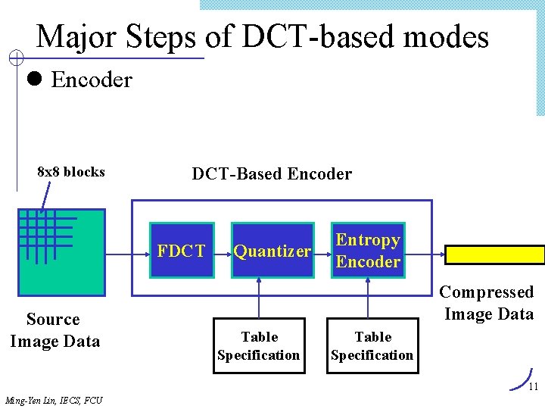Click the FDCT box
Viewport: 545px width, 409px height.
pos(182,251)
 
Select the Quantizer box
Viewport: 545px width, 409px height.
pos(272,251)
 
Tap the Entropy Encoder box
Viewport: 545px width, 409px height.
pos(368,251)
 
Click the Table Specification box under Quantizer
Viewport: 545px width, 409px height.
pos(259,346)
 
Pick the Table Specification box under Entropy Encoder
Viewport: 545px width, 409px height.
pos(372,346)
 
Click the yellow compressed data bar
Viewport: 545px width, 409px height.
pos(494,254)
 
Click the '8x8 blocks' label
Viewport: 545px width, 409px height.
pos(71,172)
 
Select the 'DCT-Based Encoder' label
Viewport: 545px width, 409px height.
pos(272,174)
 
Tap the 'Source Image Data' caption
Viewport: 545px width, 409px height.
pos(54,330)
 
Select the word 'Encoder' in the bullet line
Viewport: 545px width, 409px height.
pos(92,80)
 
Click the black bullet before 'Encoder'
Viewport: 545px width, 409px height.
pos(34,79)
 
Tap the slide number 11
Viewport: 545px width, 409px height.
pos(533,387)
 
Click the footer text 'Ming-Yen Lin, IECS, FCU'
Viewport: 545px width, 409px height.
pos(53,400)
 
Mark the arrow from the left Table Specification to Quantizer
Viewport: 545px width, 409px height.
pos(260,298)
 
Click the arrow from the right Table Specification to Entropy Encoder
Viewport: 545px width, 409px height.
pos(369,298)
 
